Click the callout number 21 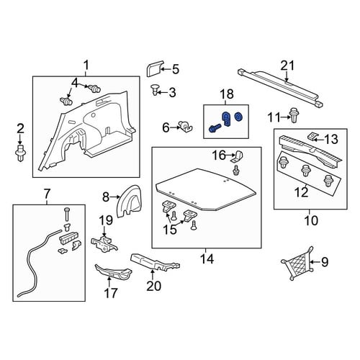[287, 66]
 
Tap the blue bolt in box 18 [215, 128]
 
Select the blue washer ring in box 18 [238, 117]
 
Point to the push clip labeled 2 [20, 153]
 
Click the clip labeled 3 [156, 90]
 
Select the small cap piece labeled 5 [154, 68]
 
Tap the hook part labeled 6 [186, 127]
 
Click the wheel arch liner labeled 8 [129, 201]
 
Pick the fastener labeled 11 [293, 114]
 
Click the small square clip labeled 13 [312, 137]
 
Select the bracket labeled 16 [237, 156]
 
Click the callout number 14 [207, 258]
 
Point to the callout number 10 [311, 220]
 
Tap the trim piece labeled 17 [113, 272]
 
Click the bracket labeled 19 [104, 243]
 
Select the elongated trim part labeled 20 [155, 263]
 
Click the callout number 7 [47, 193]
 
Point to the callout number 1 [86, 65]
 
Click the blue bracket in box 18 [226, 119]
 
